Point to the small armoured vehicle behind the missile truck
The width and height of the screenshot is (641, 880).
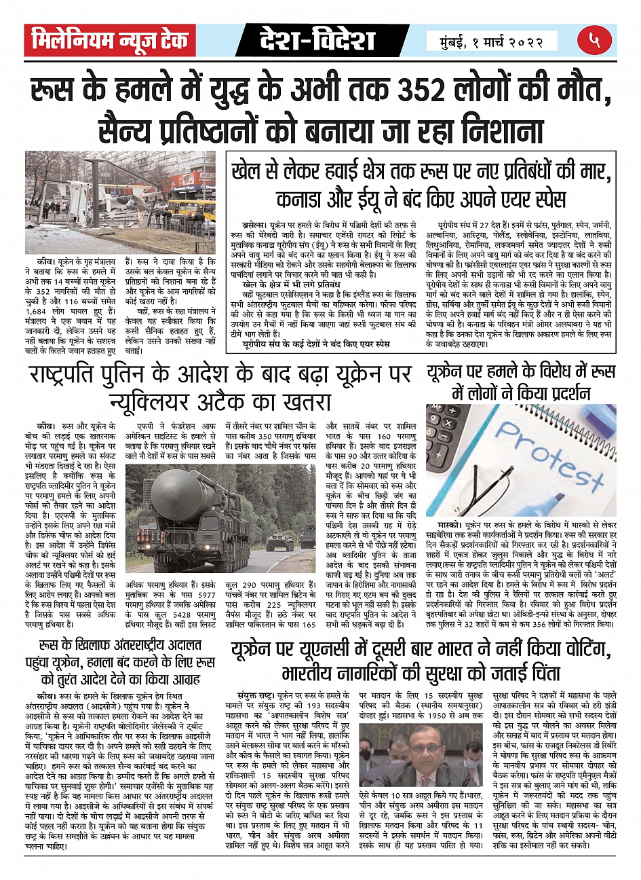coord(279,541)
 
